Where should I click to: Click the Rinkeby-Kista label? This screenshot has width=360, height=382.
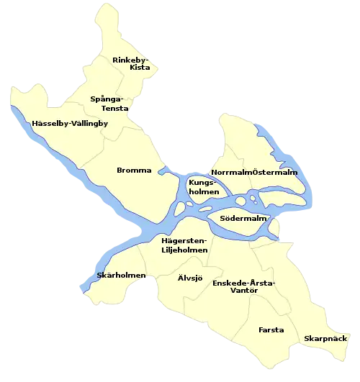coord(131,63)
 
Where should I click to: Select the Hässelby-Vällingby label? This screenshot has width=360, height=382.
coord(70,124)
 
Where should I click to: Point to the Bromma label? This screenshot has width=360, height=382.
coord(134,170)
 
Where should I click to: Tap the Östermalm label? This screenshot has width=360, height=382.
coord(275,173)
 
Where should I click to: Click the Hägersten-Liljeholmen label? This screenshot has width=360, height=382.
coord(184,245)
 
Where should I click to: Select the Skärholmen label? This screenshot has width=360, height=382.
coord(121,276)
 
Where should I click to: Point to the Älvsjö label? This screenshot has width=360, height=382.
coord(190,277)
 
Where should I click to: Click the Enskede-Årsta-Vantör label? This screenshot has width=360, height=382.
coord(243,287)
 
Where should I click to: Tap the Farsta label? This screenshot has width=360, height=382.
coord(271,330)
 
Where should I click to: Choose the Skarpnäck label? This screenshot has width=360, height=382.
coord(325,338)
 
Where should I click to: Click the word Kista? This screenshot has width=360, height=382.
coord(140,68)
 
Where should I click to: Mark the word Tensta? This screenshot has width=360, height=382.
coord(114,108)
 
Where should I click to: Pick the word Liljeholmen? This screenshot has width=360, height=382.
coord(184,250)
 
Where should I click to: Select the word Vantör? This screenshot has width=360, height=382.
coord(243,291)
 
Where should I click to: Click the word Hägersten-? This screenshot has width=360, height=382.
coord(184,240)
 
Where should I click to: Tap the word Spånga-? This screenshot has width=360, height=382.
coord(107,99)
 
